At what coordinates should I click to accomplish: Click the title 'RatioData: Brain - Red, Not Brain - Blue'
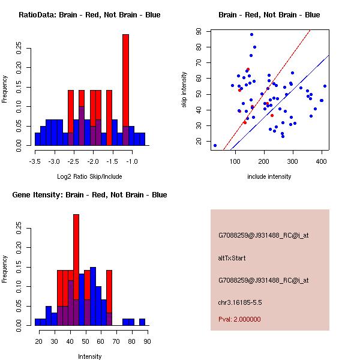89,15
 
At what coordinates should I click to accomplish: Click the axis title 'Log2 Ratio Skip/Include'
89,176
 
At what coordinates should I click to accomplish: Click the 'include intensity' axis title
269,176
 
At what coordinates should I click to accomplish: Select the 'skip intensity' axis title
184,90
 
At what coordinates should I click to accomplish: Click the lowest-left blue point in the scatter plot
215,145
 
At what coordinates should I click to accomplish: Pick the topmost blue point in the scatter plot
251,34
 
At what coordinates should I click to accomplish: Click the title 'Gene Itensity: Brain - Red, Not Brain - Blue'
89,195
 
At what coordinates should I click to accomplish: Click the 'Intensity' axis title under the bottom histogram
89,356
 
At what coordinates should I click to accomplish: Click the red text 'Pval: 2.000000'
239,319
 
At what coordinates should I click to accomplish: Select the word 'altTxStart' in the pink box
232,258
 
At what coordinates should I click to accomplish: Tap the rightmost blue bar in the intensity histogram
142,322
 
